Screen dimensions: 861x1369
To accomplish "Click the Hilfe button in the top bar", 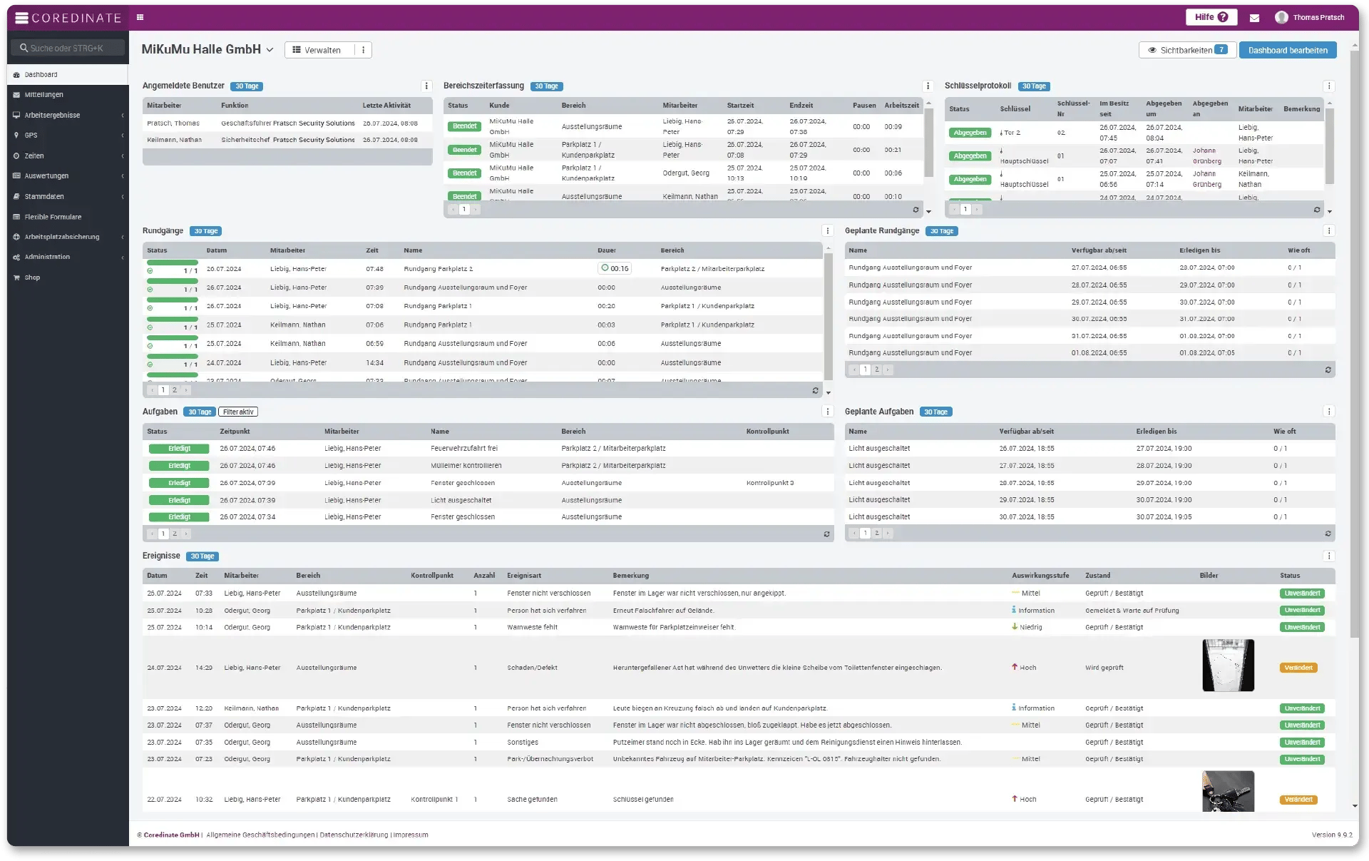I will (x=1211, y=17).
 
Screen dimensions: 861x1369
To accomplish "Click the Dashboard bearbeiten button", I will (x=1287, y=50).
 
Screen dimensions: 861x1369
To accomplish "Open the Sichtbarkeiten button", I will (x=1186, y=50).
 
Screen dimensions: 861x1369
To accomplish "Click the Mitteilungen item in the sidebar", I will (x=43, y=95).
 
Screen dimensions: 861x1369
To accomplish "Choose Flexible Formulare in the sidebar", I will (x=53, y=217).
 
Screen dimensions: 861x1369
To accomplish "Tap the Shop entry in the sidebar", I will (x=32, y=277).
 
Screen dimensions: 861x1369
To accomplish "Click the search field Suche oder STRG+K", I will (x=67, y=49).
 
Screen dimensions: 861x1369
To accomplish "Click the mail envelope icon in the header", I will (x=1254, y=18).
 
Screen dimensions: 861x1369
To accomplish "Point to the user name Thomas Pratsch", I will (x=1318, y=18).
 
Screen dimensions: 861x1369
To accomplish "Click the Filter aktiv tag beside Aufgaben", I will (x=238, y=412).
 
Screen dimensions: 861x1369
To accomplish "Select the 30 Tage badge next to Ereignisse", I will (x=202, y=556).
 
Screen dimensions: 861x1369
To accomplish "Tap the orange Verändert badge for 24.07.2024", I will (x=1298, y=668).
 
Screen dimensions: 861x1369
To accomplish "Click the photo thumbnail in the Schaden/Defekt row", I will (x=1228, y=666).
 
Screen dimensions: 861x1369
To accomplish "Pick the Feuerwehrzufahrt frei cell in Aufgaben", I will (x=464, y=449).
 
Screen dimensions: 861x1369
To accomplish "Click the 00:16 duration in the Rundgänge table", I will (x=615, y=269).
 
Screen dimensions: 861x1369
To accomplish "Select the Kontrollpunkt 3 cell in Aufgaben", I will (x=769, y=483).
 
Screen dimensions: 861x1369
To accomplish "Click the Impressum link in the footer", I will (x=411, y=835).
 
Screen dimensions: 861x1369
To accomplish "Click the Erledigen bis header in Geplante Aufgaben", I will (x=1156, y=432).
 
